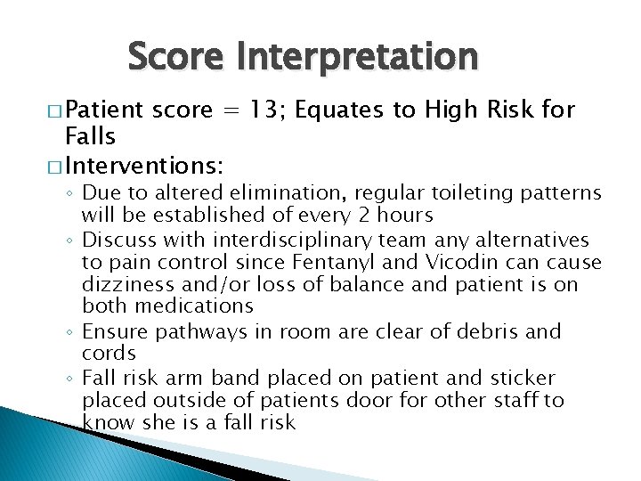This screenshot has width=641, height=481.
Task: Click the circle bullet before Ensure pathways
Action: (71, 332)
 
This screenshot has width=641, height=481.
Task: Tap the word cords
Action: (108, 354)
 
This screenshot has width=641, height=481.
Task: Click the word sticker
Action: (523, 377)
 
